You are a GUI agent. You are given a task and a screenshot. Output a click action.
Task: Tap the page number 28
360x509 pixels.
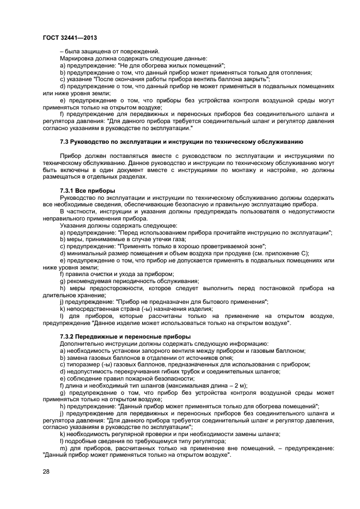point(46,471)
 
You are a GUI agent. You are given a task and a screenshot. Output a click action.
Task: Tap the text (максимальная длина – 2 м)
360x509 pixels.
point(209,385)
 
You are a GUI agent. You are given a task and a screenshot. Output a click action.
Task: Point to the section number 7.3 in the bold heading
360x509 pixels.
point(64,142)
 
